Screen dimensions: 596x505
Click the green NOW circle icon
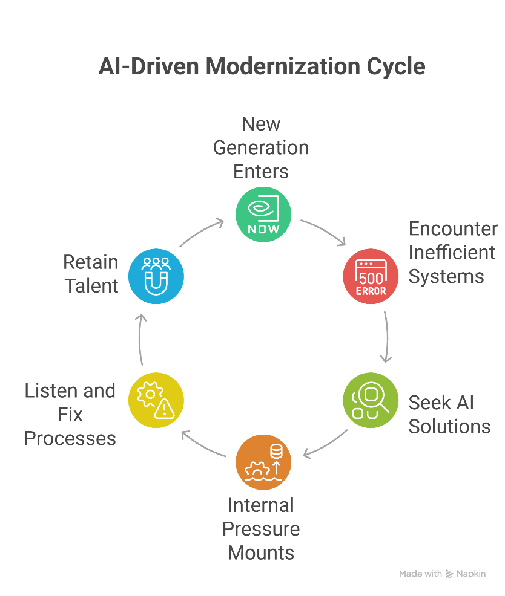coord(263,213)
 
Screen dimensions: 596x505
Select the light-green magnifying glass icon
coord(371,400)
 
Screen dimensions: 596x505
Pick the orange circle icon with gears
coord(263,462)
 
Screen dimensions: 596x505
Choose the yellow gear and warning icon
coord(156,400)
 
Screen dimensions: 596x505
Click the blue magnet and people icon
coord(156,276)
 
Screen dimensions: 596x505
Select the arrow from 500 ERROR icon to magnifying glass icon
coord(386,337)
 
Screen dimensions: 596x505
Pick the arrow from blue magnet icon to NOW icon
coord(202,233)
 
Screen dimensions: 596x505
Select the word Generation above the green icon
coord(261,147)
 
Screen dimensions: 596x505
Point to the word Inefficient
coord(452,253)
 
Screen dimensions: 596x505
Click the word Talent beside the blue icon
coord(92,285)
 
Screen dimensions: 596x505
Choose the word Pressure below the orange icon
coord(261,529)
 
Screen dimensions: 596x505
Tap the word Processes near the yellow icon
coord(70,438)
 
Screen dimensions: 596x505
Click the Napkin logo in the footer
coord(466,574)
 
